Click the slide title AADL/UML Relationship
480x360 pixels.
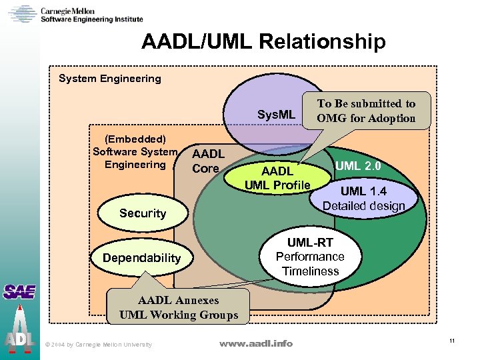point(263,42)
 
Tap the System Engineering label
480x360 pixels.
point(110,79)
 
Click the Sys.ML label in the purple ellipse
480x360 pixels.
point(276,115)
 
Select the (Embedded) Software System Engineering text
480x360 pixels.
point(135,152)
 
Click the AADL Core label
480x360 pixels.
point(208,161)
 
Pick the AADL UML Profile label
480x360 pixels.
point(277,179)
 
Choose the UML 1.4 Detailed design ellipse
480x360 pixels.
point(363,199)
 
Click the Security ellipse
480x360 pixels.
point(142,213)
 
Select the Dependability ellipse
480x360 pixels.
point(141,258)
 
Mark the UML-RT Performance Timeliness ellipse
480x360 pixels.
point(310,257)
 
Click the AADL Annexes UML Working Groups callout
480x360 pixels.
point(178,308)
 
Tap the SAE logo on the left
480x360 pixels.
point(19,291)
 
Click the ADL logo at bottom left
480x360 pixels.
point(19,333)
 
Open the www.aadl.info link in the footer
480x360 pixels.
point(255,343)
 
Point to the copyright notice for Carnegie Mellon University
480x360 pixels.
point(98,344)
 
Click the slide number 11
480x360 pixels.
point(452,341)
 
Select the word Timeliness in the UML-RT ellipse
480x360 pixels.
point(310,271)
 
